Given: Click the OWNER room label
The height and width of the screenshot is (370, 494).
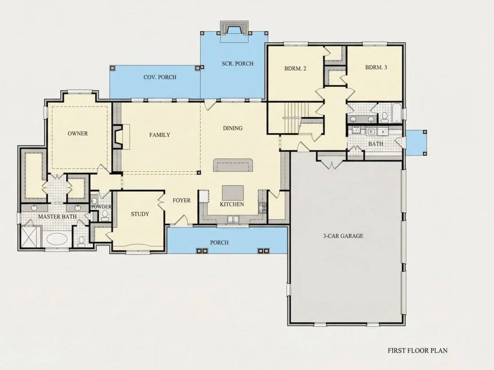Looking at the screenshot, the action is (78, 133).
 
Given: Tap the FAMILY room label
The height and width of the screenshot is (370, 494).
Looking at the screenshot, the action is (160, 135).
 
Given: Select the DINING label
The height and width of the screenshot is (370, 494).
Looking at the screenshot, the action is (233, 128).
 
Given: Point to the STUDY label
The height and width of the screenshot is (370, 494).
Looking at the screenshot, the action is (140, 214).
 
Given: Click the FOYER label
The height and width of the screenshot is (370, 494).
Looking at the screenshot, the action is (181, 200).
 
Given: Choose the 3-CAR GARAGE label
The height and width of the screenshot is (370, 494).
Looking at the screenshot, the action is (343, 236).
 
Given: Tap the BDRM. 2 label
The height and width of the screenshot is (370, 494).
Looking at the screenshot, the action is (295, 68).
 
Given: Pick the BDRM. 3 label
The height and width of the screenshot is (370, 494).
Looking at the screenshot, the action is (376, 67).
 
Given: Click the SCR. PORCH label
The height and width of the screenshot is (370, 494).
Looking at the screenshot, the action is (238, 64).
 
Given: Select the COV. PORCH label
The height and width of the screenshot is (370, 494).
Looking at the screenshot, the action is (160, 77).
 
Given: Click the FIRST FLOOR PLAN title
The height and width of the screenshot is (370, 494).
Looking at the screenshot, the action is (418, 351).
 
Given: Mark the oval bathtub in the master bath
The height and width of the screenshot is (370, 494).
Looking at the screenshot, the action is (57, 239).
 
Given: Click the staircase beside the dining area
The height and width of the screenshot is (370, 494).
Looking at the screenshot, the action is (292, 118).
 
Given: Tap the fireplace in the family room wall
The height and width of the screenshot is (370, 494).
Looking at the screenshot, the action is (118, 136).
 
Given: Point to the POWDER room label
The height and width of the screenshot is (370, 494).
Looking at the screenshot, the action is (101, 207).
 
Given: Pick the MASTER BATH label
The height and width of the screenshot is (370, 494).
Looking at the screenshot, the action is (57, 217).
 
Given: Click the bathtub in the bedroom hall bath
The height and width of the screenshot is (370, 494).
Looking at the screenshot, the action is (397, 113).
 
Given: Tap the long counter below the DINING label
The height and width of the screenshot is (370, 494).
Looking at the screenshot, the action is (233, 165).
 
